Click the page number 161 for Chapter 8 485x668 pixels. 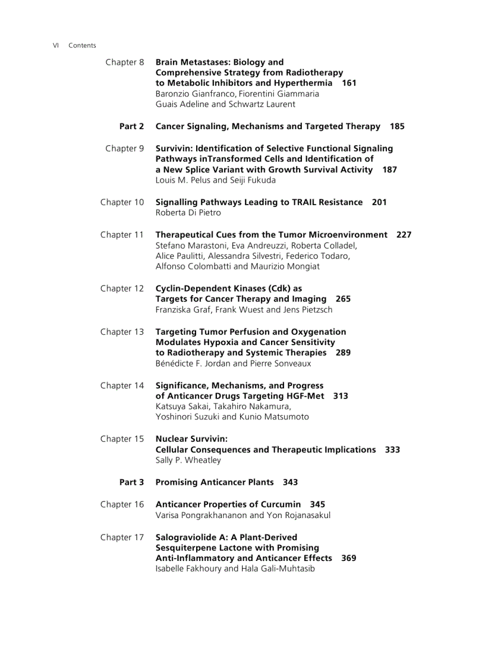(349, 83)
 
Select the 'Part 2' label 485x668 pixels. (131, 126)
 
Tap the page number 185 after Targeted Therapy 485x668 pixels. (397, 126)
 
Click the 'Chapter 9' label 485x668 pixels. (124, 149)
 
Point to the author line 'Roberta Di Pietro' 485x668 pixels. (188, 213)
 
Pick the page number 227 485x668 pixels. (404, 235)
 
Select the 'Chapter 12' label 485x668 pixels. (122, 288)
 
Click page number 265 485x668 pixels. (343, 299)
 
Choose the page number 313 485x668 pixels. (341, 396)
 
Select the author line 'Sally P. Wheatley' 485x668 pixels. (188, 460)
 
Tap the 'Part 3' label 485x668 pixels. (131, 482)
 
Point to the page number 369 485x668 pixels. (349, 559)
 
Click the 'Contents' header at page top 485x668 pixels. (82, 46)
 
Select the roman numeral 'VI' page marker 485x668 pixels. (56, 46)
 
